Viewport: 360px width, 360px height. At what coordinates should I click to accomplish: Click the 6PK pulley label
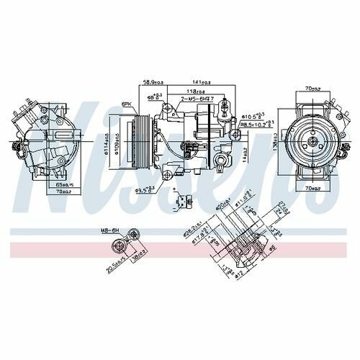pos(126,104)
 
